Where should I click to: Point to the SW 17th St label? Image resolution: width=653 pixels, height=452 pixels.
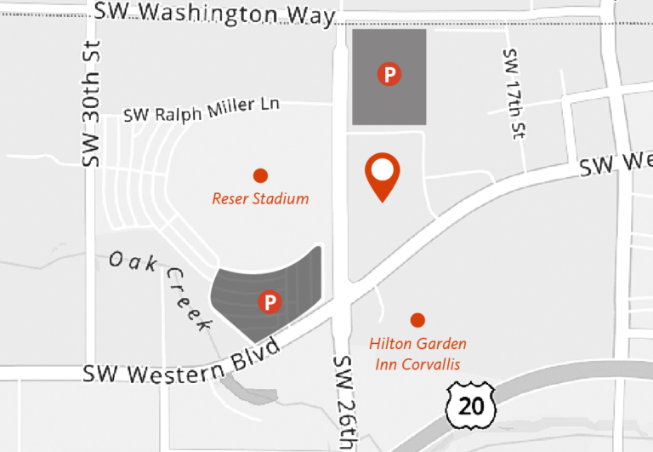[514, 93]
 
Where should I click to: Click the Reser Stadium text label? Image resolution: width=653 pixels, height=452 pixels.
[260, 199]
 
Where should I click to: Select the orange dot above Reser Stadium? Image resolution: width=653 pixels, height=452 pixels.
[260, 175]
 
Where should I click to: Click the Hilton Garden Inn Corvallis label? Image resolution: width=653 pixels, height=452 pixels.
[417, 354]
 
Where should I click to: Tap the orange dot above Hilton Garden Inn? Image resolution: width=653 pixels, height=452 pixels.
[417, 320]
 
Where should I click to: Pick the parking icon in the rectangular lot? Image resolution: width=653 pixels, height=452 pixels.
[389, 75]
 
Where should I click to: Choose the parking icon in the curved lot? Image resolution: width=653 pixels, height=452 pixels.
[270, 301]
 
